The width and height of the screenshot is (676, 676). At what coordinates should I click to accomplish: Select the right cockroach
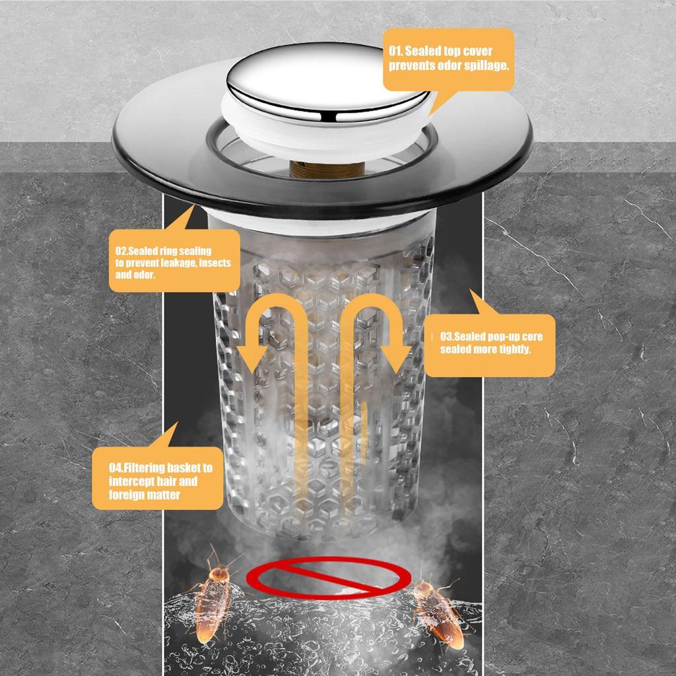pos(436,611)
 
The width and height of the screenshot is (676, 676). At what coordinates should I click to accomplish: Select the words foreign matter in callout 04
pos(145,494)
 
